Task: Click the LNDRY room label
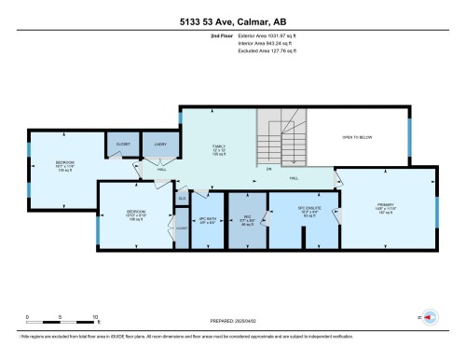tap(160, 145)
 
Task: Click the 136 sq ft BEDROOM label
tap(64, 166)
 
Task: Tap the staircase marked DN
tap(282, 140)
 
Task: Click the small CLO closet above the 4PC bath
tap(183, 198)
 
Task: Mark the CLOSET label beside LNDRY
tap(123, 145)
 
